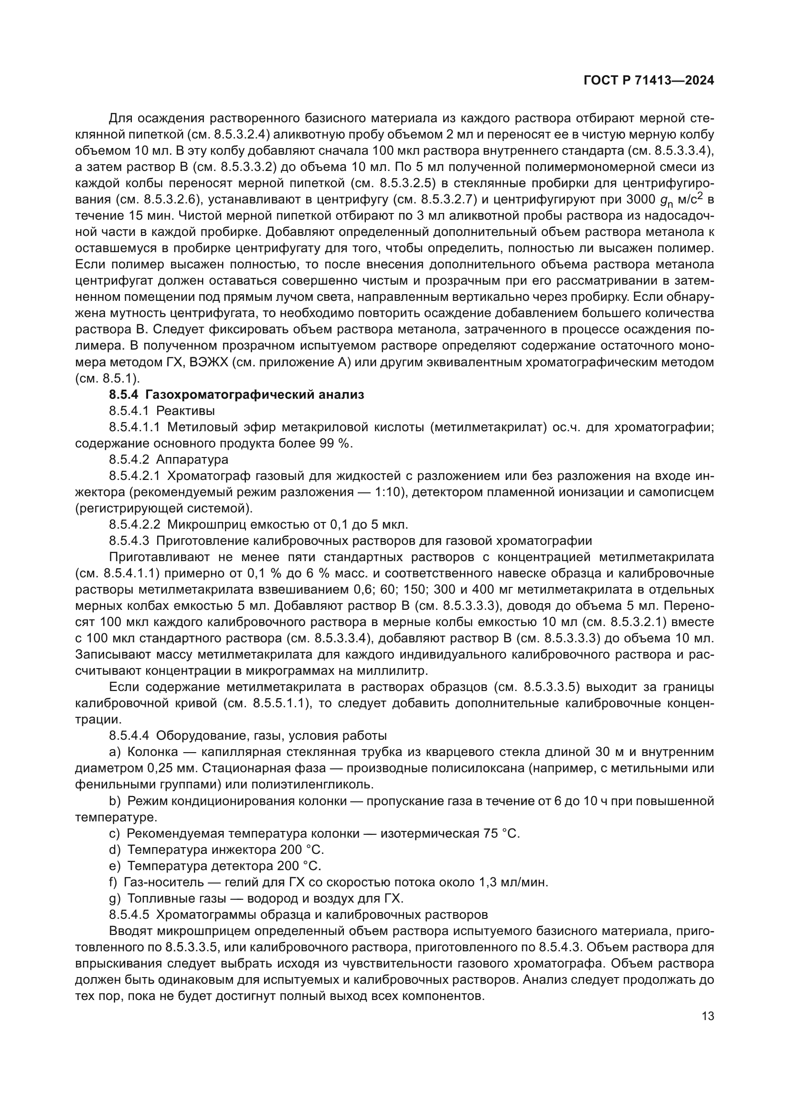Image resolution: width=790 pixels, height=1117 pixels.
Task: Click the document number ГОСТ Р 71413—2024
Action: tap(649, 81)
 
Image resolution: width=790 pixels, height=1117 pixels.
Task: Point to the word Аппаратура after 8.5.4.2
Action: tap(192, 459)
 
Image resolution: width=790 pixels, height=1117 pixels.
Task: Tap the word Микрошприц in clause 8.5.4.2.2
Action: tap(203, 524)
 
